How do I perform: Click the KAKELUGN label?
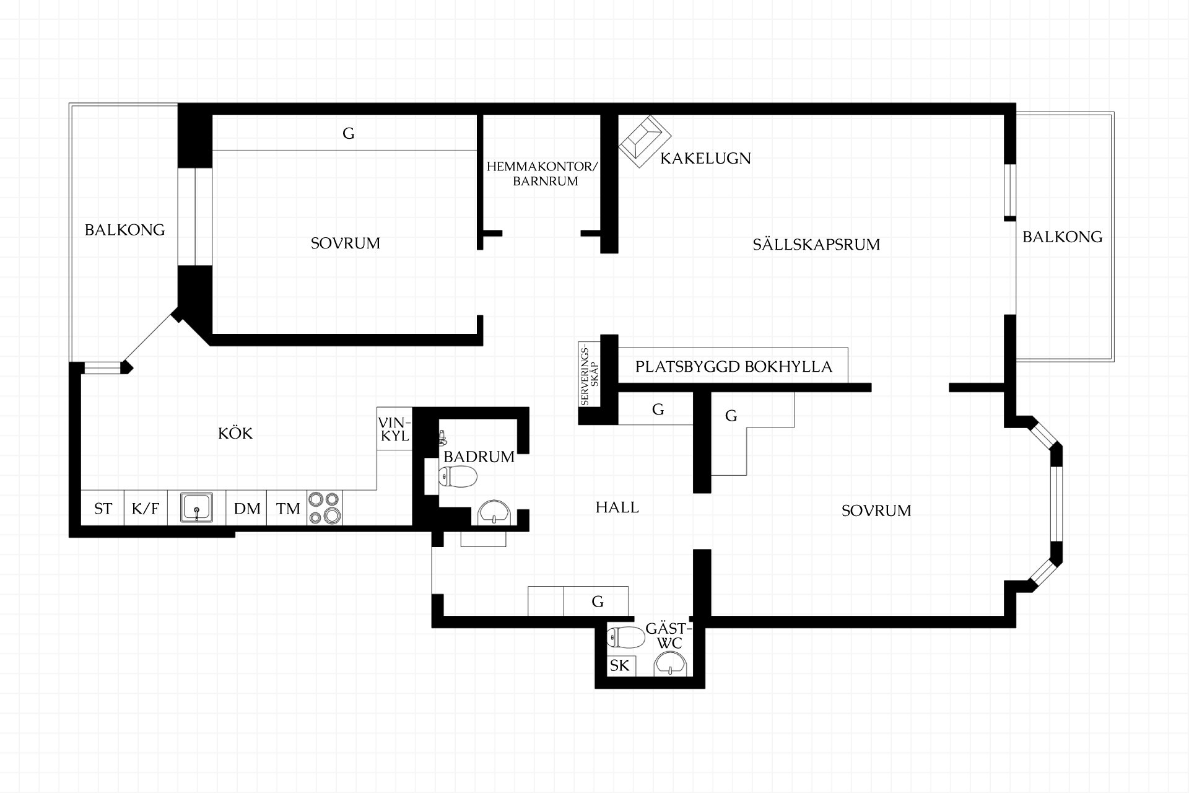[705, 159]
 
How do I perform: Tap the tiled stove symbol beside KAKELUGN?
[645, 141]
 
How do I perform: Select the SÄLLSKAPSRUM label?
[816, 245]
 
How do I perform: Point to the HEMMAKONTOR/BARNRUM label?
[542, 174]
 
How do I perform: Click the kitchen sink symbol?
[197, 507]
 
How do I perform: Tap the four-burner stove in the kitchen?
[324, 507]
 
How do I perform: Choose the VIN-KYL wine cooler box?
[394, 429]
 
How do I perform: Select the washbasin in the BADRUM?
[494, 513]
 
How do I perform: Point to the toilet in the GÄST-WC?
[626, 636]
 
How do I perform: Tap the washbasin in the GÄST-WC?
[671, 665]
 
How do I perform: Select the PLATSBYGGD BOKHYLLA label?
[734, 367]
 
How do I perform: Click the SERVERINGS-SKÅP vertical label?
[589, 375]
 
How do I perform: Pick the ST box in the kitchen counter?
[103, 508]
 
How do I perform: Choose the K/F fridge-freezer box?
[146, 508]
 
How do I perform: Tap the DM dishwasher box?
[246, 508]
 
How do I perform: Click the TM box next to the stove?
[287, 508]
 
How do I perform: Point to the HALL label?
[617, 507]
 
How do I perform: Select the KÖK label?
[235, 433]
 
